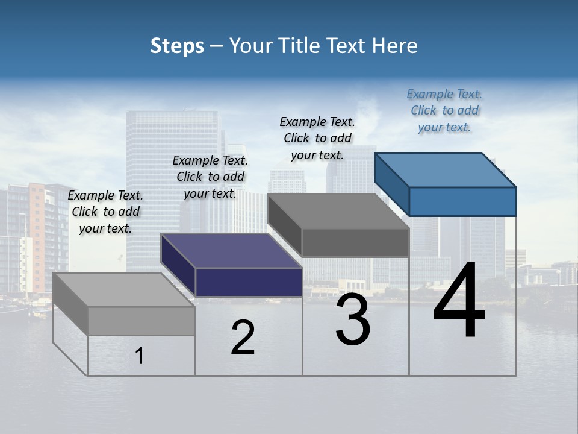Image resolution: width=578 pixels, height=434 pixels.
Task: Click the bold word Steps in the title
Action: (x=177, y=46)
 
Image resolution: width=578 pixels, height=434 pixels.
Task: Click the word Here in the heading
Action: (x=396, y=46)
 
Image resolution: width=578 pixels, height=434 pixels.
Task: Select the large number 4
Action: (x=459, y=301)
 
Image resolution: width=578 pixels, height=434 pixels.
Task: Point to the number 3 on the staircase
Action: (x=353, y=319)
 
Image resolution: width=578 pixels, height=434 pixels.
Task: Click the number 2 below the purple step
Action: (x=243, y=338)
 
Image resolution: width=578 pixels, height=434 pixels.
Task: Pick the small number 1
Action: (x=140, y=356)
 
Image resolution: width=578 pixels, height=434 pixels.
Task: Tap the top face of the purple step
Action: (x=232, y=251)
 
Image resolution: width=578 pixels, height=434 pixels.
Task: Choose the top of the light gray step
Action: (x=124, y=290)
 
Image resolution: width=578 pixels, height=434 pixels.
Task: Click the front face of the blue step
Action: (x=462, y=201)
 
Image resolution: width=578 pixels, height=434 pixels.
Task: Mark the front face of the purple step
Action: (x=249, y=282)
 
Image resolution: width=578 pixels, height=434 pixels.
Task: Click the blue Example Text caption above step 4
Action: (x=444, y=110)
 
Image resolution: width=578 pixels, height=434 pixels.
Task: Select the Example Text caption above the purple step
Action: (x=210, y=177)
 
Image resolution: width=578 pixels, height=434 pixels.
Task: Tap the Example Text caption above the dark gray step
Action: (x=317, y=138)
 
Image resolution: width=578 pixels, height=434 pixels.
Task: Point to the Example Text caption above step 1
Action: (x=105, y=212)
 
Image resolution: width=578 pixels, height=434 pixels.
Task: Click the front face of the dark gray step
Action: (x=355, y=242)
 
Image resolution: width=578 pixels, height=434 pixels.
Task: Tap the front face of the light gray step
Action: (x=141, y=321)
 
